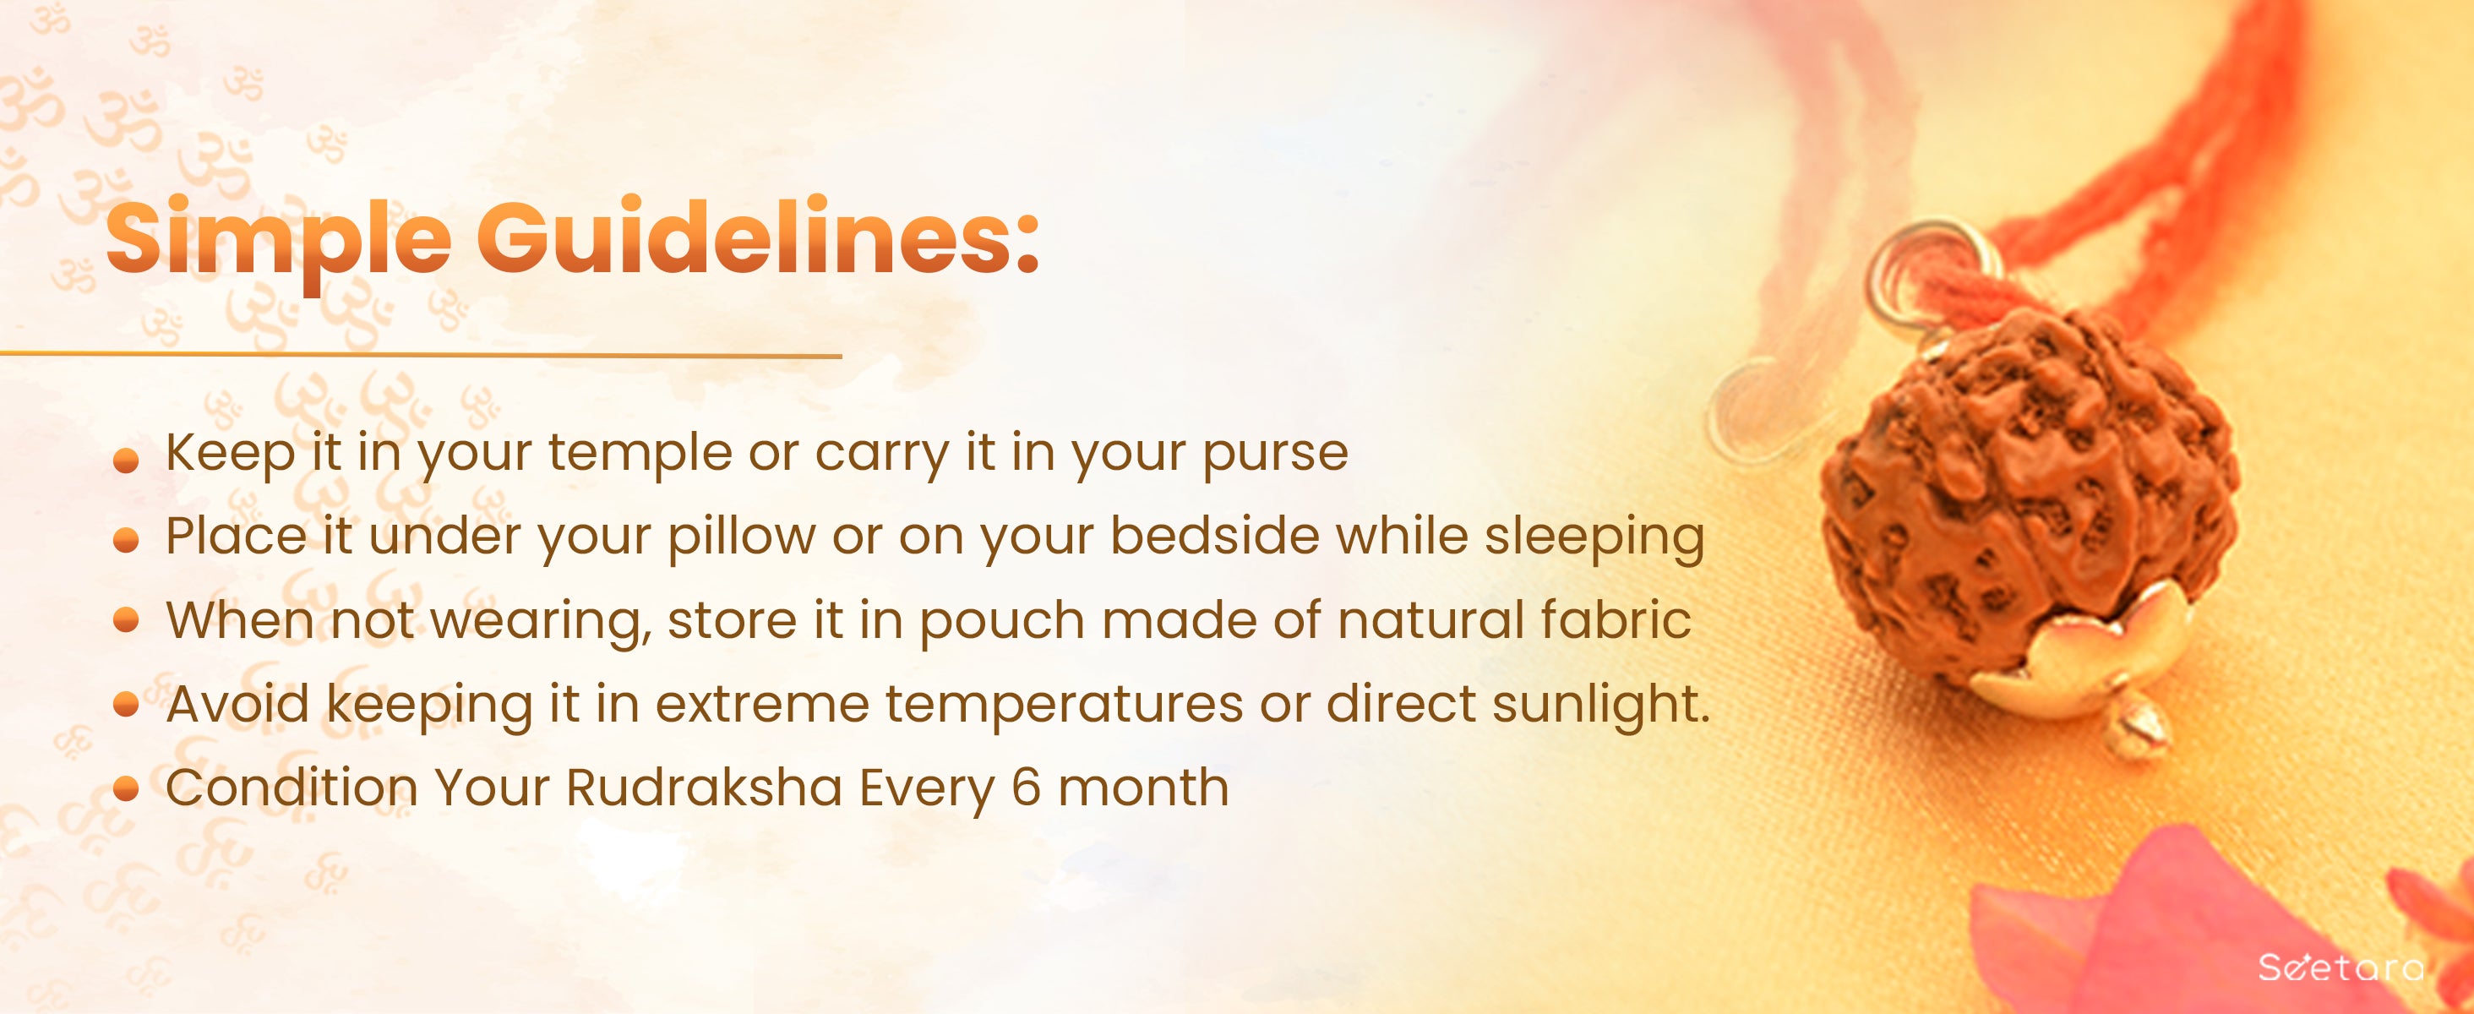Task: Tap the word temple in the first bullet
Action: tap(640, 453)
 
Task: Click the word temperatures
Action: tap(1064, 706)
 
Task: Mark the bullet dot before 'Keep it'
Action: tap(126, 462)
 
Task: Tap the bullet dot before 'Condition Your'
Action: tap(126, 789)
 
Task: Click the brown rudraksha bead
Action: tap(2026, 499)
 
